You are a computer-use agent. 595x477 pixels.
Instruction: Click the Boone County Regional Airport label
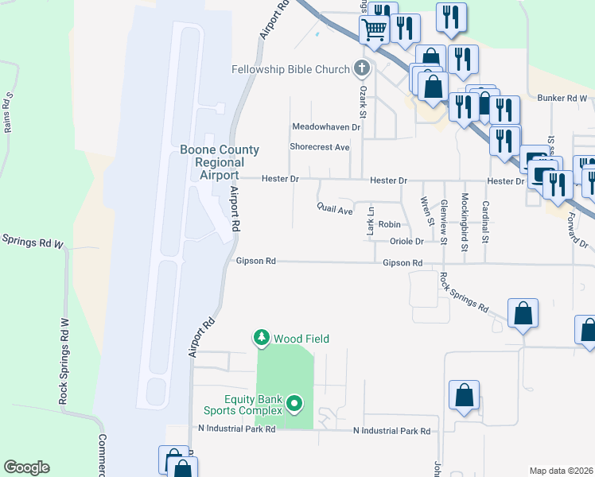(x=208, y=162)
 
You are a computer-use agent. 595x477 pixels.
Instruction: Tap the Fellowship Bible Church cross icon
(x=362, y=68)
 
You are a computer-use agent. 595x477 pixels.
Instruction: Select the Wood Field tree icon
(x=262, y=339)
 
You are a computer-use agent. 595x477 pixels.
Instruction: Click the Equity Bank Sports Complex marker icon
(x=294, y=404)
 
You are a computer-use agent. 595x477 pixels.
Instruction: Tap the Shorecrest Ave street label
(x=320, y=147)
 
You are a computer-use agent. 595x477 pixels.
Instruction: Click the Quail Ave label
(x=334, y=211)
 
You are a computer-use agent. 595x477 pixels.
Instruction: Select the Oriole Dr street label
(x=406, y=242)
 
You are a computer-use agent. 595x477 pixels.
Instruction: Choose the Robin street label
(x=389, y=225)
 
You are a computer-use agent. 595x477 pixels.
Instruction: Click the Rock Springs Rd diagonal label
(x=464, y=292)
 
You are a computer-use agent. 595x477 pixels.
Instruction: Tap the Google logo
(x=26, y=467)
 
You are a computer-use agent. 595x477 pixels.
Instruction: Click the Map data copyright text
(x=562, y=471)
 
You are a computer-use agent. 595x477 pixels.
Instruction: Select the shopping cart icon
(x=374, y=30)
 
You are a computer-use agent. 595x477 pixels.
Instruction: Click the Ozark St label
(x=362, y=107)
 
